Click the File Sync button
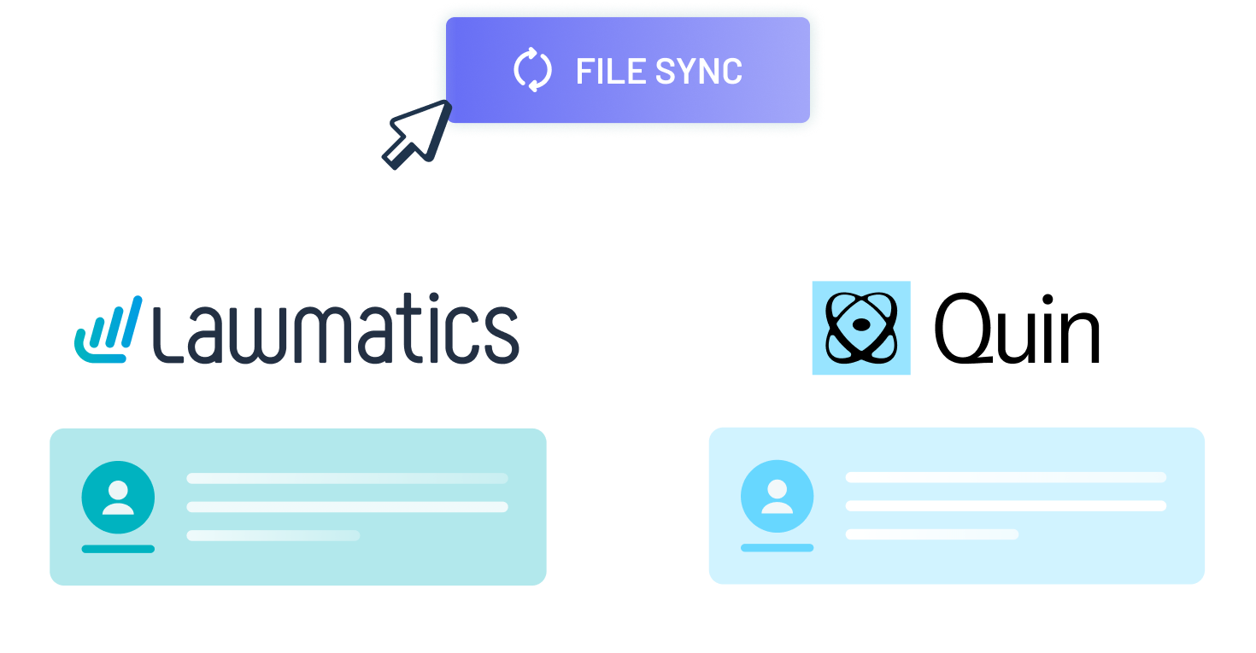[627, 70]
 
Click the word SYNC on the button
[699, 71]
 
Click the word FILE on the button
[610, 71]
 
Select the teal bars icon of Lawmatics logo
[109, 330]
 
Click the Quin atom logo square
[861, 328]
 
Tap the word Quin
[1017, 329]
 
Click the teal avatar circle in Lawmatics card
[118, 498]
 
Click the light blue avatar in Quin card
[777, 496]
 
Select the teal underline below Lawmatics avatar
[118, 549]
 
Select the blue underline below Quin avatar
[777, 548]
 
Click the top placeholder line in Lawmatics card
[347, 478]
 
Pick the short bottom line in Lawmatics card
[273, 535]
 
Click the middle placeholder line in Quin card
[1006, 505]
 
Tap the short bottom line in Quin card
[932, 534]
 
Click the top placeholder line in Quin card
[1006, 477]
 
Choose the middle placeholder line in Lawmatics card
[347, 507]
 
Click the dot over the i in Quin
[1048, 300]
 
